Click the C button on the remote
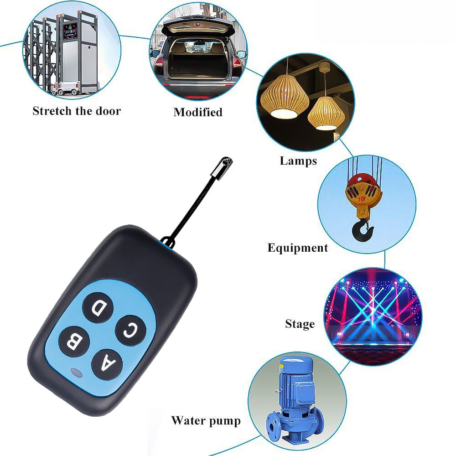[x=130, y=330]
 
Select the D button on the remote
[x=98, y=308]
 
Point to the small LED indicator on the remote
[x=76, y=373]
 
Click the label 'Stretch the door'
[x=77, y=111]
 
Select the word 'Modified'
[x=198, y=112]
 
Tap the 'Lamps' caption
[x=298, y=161]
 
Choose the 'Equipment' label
[x=297, y=248]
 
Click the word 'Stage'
[x=300, y=324]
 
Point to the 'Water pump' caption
[x=206, y=421]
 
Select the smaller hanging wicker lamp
[x=326, y=113]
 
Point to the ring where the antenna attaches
[x=168, y=243]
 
